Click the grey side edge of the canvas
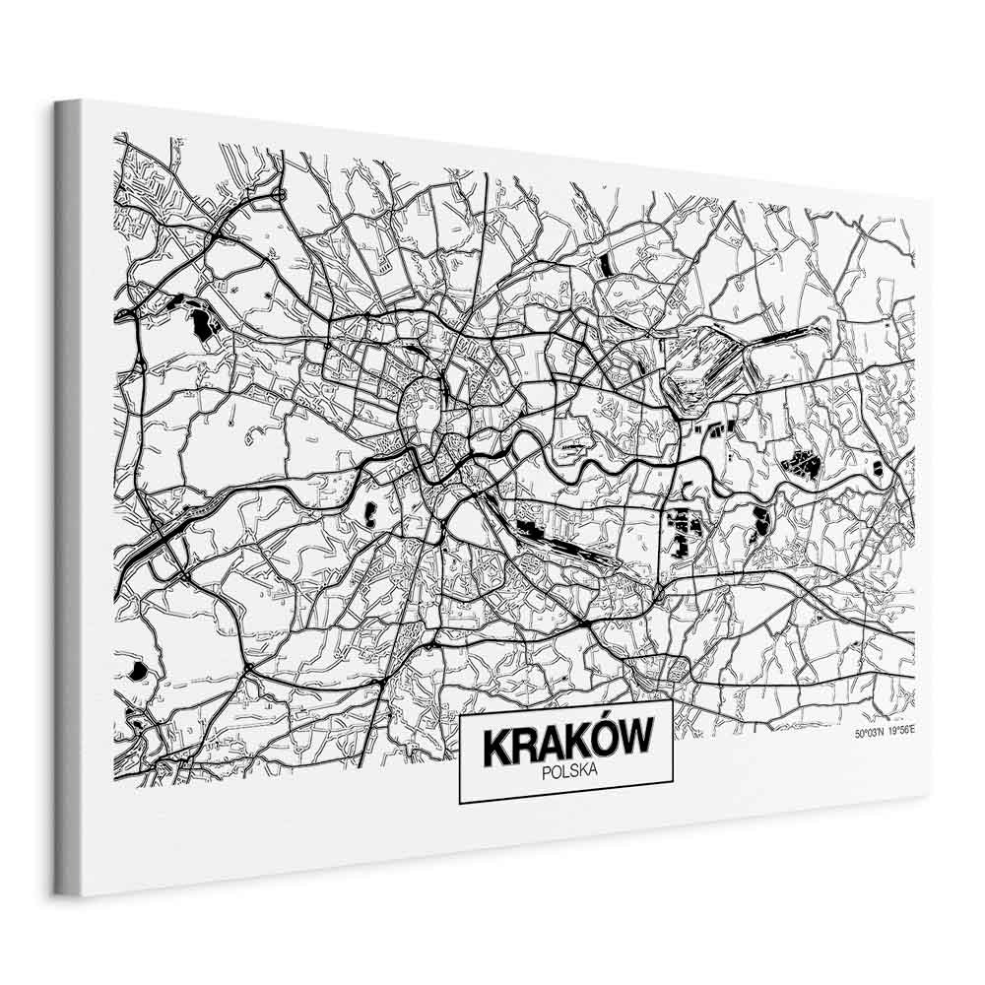click(67, 492)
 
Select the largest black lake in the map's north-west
click(202, 321)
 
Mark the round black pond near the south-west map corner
click(138, 671)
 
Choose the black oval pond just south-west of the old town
click(371, 511)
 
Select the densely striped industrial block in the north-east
click(701, 366)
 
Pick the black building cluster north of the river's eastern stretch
click(803, 462)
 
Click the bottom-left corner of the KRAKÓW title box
click(461, 803)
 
